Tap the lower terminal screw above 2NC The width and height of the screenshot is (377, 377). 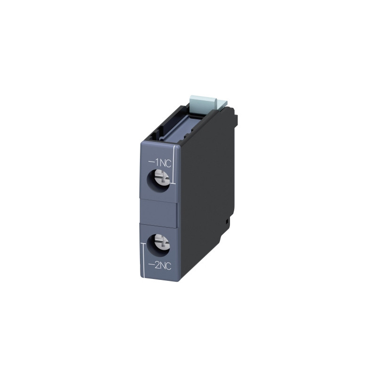pyautogui.click(x=162, y=242)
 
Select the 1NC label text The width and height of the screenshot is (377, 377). pyautogui.click(x=160, y=164)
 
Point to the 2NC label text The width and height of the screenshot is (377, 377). pyautogui.click(x=160, y=266)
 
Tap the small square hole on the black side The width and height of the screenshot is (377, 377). pyautogui.click(x=227, y=220)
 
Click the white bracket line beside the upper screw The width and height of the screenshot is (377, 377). pyautogui.click(x=173, y=164)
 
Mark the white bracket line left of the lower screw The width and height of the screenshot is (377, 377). pyautogui.click(x=144, y=261)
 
